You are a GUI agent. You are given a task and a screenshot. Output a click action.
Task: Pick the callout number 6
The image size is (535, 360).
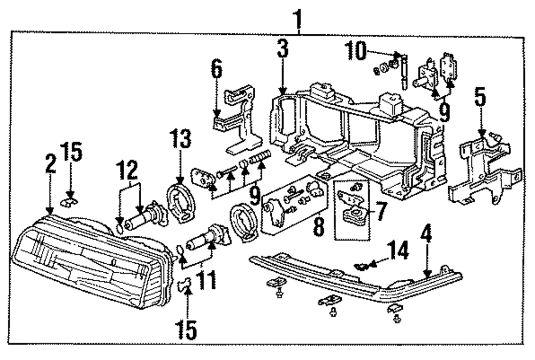(x=216, y=70)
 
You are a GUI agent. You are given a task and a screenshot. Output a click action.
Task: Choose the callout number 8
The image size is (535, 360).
(x=319, y=226)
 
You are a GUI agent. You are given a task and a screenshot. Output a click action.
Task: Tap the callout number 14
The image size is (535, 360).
(x=399, y=250)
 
